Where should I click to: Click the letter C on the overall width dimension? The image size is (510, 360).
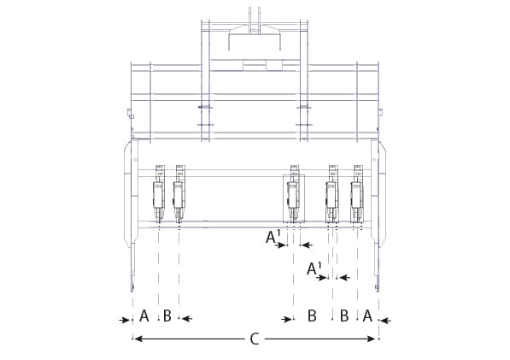coord(254,339)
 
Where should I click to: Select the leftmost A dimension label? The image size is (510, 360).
coord(144,316)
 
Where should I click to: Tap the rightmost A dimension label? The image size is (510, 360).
coord(367,316)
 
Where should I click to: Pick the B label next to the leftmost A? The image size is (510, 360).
coord(167,316)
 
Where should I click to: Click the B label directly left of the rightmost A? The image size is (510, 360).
coord(344,316)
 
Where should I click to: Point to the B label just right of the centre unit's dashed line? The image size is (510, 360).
coord(312,316)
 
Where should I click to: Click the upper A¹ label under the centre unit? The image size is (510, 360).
coord(272,237)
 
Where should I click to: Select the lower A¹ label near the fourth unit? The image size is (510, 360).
coord(314,269)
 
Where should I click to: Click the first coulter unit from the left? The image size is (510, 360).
coord(158,195)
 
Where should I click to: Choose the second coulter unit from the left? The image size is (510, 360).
coord(179,195)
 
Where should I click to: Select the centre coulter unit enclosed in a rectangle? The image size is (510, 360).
coord(293,195)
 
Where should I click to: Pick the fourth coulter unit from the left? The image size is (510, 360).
coord(331,195)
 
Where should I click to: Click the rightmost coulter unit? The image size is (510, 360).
coord(357,195)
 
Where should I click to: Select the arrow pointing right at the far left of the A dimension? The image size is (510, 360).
coord(125,320)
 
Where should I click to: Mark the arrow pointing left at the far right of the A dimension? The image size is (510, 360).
coord(384,321)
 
